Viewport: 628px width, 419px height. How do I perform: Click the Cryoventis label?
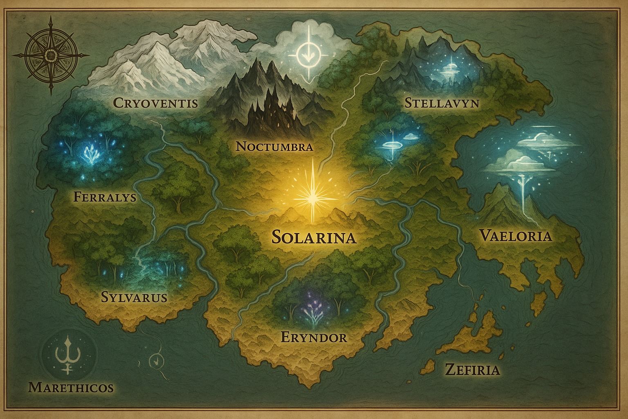(155, 103)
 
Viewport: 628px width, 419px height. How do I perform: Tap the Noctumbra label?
(275, 146)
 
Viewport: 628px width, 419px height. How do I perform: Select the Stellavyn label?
(441, 103)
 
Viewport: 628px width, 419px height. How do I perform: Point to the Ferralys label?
(105, 197)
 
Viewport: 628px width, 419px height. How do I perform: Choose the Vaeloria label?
(516, 236)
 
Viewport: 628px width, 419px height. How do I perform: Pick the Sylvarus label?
(134, 297)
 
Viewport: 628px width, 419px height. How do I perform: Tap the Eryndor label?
(314, 337)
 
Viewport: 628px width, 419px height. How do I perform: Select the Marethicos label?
(70, 387)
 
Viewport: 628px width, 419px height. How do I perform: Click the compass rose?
(51, 55)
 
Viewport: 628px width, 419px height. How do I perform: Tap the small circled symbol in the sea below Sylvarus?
(155, 360)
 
